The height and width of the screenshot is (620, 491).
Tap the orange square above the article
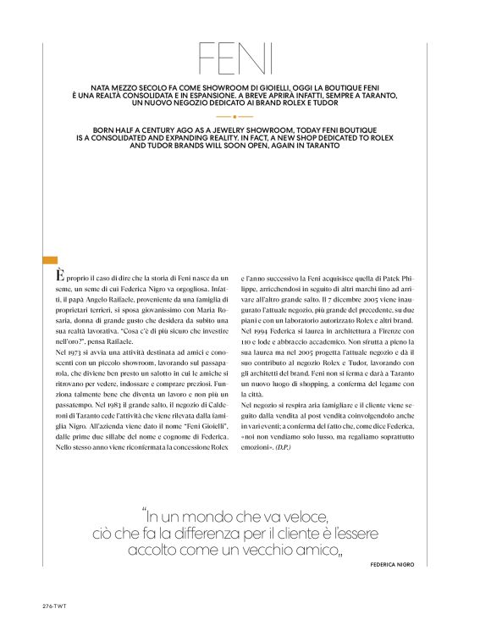(49, 261)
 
